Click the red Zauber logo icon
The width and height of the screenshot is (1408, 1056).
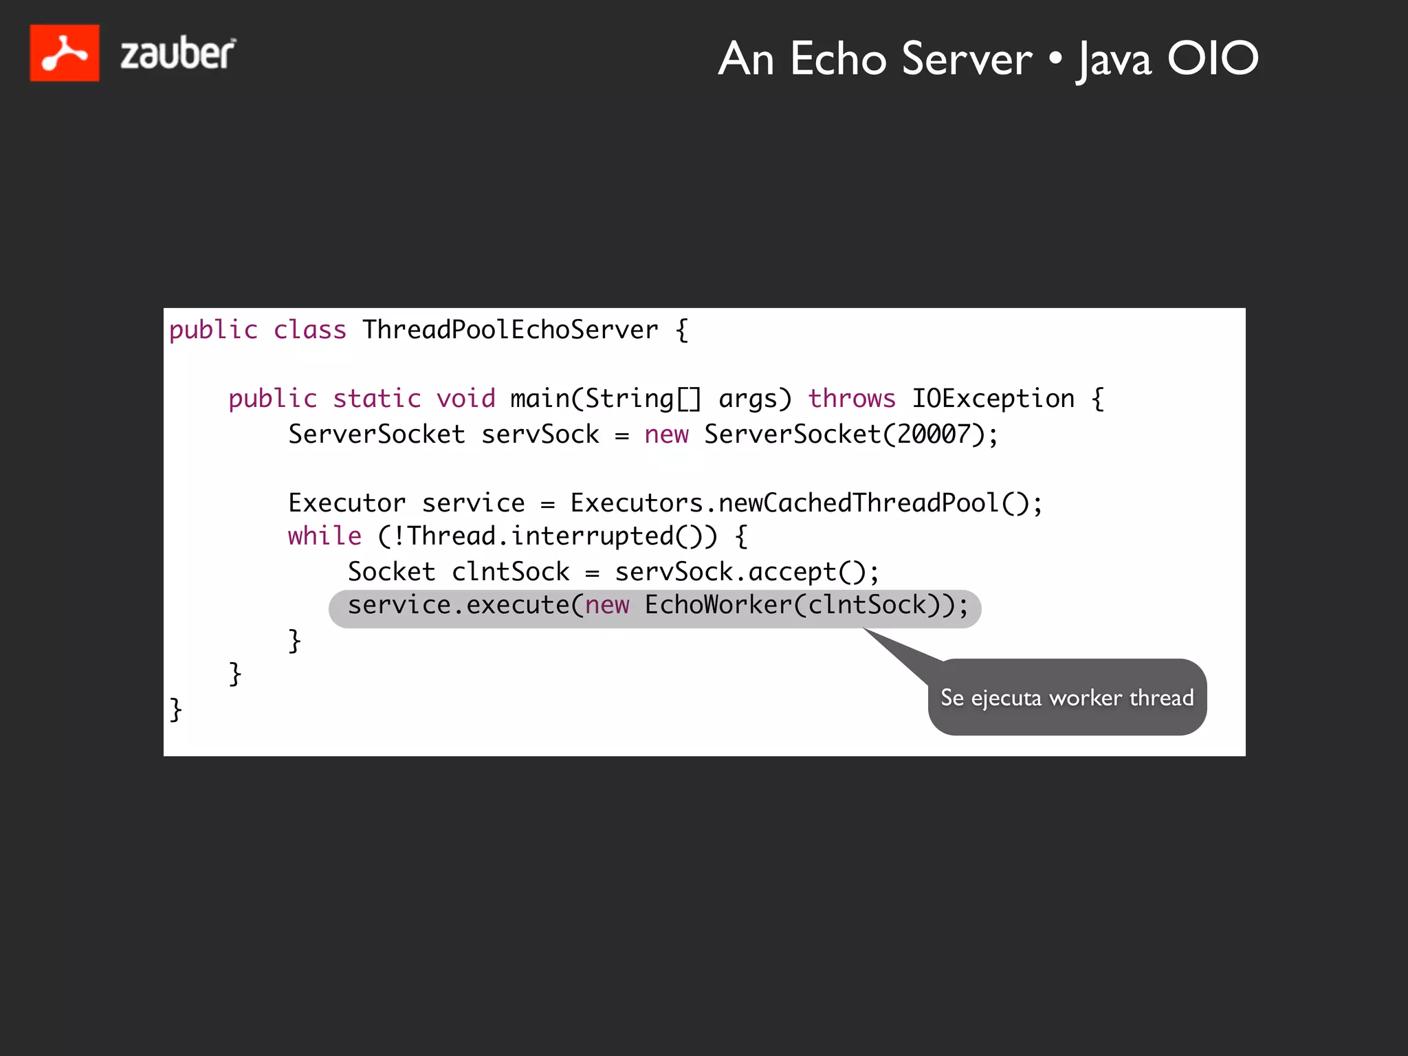[x=65, y=53]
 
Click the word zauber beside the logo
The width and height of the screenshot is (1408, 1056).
[x=178, y=54]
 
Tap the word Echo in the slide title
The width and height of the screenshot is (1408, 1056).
[x=838, y=59]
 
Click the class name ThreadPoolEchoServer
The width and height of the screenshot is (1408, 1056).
[x=510, y=330]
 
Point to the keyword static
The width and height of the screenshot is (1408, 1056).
[x=377, y=399]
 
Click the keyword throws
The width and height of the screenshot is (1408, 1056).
[x=852, y=399]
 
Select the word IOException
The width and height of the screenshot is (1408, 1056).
[x=993, y=399]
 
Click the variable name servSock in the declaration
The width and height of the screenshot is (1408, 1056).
[x=540, y=434]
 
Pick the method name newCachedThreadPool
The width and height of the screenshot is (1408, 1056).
[x=858, y=503]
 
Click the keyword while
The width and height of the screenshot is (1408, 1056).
[x=324, y=536]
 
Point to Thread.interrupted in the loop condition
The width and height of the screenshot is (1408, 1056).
[x=540, y=536]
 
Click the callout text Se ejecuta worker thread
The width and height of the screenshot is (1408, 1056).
[x=1067, y=698]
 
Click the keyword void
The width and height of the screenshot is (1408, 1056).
[x=465, y=399]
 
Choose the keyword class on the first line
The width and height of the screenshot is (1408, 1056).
[x=310, y=330]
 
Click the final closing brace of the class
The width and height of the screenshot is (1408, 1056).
[x=176, y=709]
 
